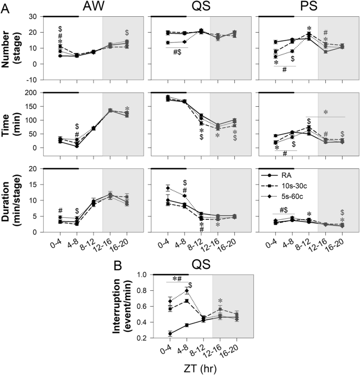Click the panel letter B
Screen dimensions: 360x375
(118, 266)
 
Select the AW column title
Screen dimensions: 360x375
(94, 6)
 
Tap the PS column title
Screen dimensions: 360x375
(308, 6)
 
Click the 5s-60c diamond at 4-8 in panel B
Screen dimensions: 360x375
(187, 290)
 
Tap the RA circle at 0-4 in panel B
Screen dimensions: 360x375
(170, 333)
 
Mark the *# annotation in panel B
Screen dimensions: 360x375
(177, 278)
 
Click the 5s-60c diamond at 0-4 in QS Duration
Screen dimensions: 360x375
(168, 188)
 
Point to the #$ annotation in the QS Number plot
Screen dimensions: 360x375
(177, 52)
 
